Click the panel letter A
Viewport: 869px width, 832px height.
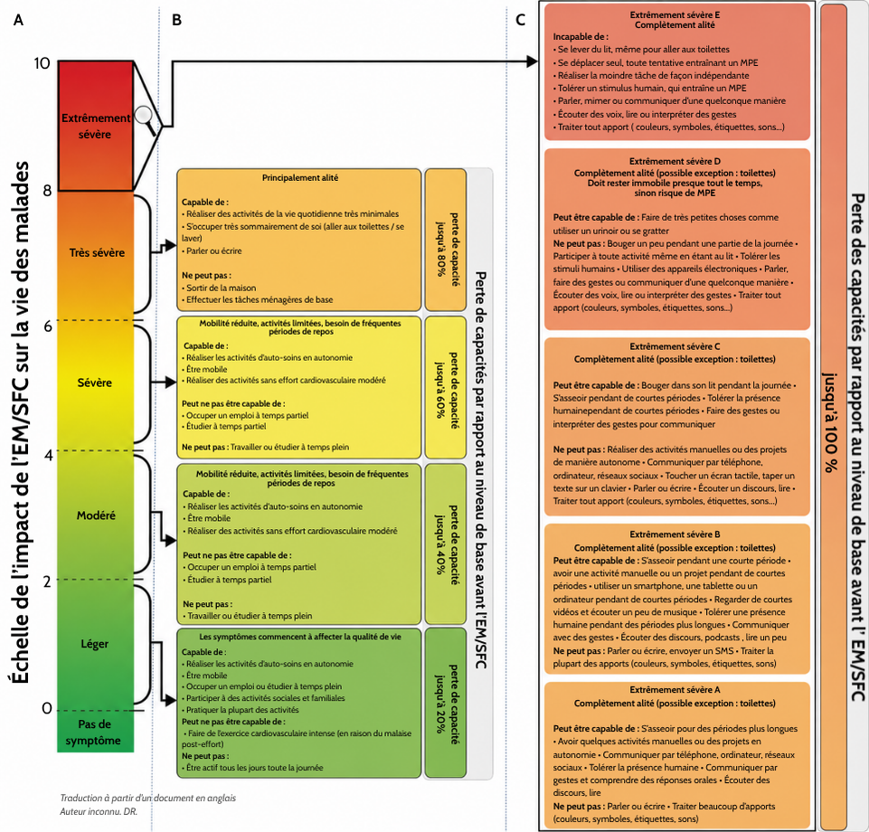coord(18,20)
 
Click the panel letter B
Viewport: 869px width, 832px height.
coord(177,20)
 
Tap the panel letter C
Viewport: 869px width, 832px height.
coord(520,20)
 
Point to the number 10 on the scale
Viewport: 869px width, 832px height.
coord(42,63)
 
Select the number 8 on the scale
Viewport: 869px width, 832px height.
coord(47,191)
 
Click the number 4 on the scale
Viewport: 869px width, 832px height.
coord(48,455)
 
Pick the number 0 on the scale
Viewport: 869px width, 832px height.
coord(47,708)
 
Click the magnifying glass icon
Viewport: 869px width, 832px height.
coord(146,118)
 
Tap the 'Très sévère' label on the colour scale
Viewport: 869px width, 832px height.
coord(97,252)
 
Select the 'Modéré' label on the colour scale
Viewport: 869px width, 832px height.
coord(96,515)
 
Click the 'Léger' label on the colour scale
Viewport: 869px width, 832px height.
coord(95,644)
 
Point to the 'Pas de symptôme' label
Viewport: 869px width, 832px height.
coord(94,733)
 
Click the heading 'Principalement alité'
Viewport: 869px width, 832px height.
coord(300,178)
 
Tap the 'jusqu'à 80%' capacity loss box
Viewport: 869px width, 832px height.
coord(446,240)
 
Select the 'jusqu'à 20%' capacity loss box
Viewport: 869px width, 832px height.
coord(445,703)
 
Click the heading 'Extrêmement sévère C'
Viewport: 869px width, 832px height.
coord(675,346)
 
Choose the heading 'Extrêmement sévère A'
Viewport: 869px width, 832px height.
coord(675,689)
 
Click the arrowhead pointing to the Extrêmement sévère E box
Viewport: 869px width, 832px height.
coord(532,61)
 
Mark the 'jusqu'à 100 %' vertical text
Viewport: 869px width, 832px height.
coord(829,421)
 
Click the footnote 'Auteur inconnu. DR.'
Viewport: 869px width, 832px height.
coord(99,811)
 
